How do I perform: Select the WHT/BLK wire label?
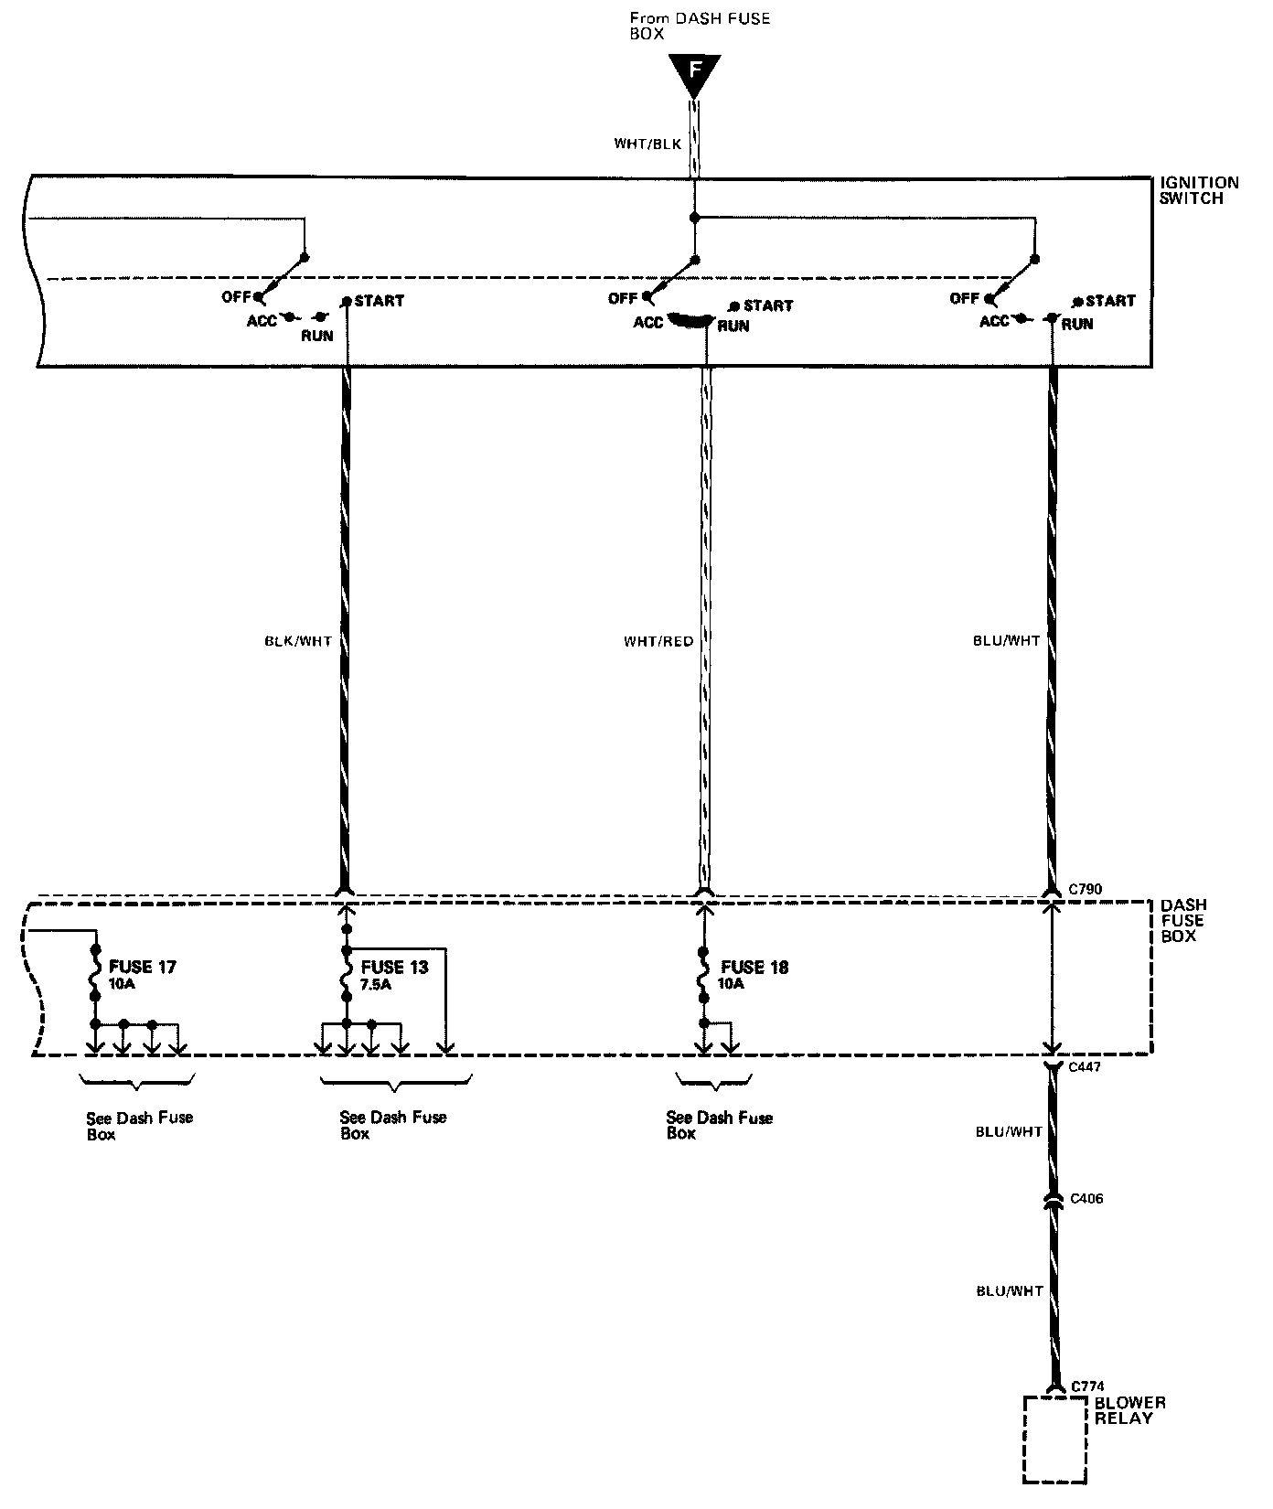coord(647,144)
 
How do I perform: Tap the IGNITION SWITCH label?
coord(1198,190)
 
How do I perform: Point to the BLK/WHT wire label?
coord(298,641)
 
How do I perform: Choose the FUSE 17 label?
coord(143,967)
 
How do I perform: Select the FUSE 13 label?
coord(394,967)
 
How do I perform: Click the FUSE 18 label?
coord(754,967)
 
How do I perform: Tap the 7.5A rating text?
coord(376,985)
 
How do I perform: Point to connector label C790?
coord(1086,888)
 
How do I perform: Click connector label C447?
coord(1086,1066)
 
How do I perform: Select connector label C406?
coord(1086,1198)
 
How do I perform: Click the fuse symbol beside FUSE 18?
coord(703,976)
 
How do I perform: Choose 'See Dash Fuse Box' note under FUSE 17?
coord(139,1125)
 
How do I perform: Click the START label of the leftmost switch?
coord(379,300)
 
